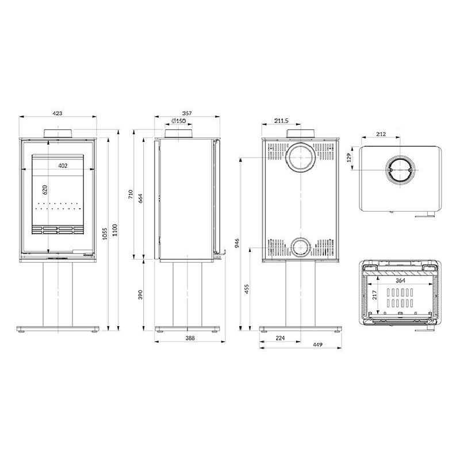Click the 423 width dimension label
[x=57, y=113]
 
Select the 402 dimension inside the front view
[x=63, y=166]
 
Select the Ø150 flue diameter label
[x=178, y=121]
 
